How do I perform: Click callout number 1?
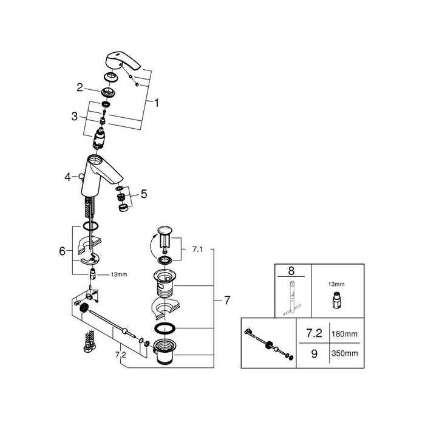coord(157,103)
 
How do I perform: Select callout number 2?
coord(80,87)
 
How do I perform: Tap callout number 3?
coord(74,117)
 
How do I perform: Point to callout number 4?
coord(67,177)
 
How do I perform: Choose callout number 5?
coord(144,194)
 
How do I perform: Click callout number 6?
coord(62,251)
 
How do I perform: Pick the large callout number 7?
coord(227,300)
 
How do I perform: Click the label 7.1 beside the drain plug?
coord(197,250)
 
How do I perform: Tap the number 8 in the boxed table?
coord(291,271)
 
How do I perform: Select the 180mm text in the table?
coord(344,334)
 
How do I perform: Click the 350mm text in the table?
coord(344,353)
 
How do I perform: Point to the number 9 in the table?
coord(314,354)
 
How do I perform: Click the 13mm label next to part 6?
coord(119,274)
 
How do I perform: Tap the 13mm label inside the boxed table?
coord(336,284)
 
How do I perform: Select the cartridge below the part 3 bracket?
coord(98,139)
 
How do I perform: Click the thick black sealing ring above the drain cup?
coord(165,328)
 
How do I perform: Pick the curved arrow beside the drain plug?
coord(153,248)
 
